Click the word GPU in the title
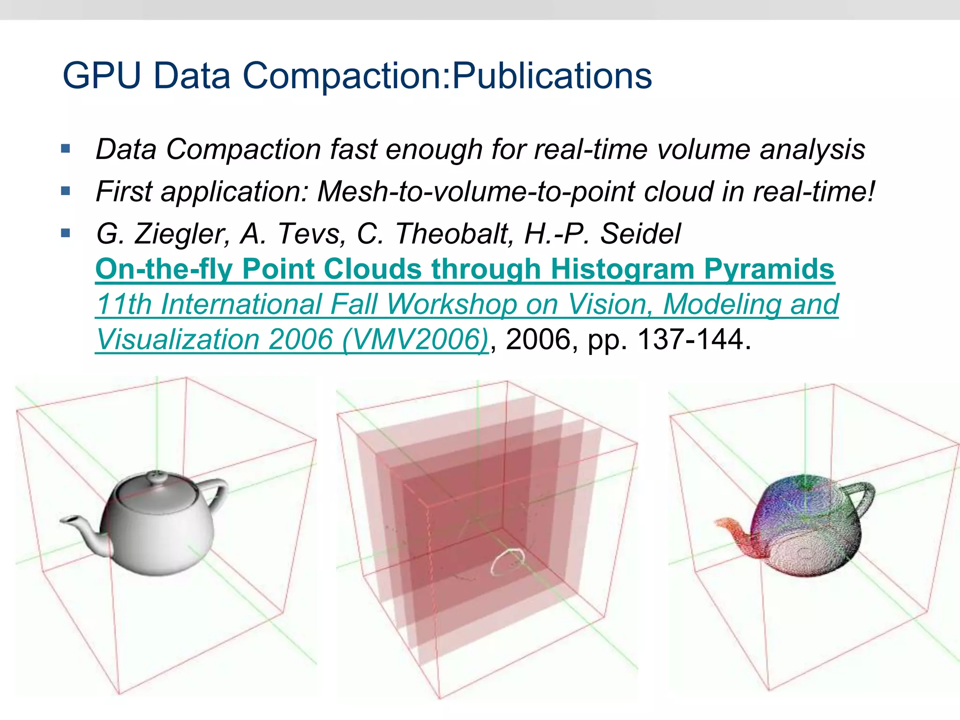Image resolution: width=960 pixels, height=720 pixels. [x=101, y=75]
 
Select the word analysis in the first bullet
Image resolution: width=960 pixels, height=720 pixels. [x=812, y=150]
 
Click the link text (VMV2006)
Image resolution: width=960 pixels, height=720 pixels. [x=415, y=339]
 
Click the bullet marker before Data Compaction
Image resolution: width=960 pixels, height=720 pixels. [x=66, y=150]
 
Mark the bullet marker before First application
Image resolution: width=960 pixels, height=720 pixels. [x=66, y=191]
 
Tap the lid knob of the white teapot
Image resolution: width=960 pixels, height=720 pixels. [x=154, y=477]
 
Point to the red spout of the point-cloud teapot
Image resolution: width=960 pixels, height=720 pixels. [x=731, y=528]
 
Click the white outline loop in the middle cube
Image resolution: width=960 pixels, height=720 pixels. [x=507, y=562]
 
